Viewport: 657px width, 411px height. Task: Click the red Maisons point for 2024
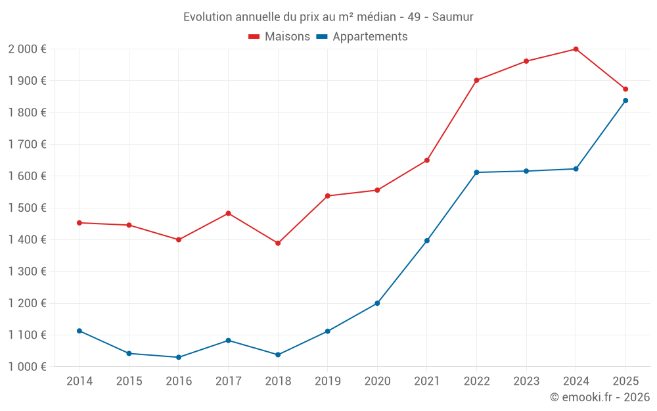(576, 49)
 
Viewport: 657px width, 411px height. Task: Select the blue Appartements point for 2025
(625, 101)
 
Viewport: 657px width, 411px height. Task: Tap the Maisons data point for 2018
(278, 243)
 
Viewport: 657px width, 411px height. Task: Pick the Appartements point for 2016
(179, 357)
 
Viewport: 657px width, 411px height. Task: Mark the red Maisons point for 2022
(476, 80)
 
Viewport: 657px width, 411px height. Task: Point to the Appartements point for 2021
(427, 241)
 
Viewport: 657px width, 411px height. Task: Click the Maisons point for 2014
(79, 223)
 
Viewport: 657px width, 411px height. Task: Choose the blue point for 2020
(377, 303)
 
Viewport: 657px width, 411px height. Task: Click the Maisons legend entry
(279, 37)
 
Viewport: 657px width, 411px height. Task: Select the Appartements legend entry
(362, 37)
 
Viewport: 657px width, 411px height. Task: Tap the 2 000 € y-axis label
(27, 49)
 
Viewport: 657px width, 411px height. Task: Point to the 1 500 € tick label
(27, 208)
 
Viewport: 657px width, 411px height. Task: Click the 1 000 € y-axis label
(27, 367)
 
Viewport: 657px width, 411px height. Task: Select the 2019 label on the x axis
(327, 381)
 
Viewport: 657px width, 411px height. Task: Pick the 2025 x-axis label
(625, 381)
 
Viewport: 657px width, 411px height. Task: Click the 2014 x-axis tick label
(79, 381)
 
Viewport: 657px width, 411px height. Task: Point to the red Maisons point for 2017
(228, 213)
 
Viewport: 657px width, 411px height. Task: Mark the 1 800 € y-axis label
(27, 112)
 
